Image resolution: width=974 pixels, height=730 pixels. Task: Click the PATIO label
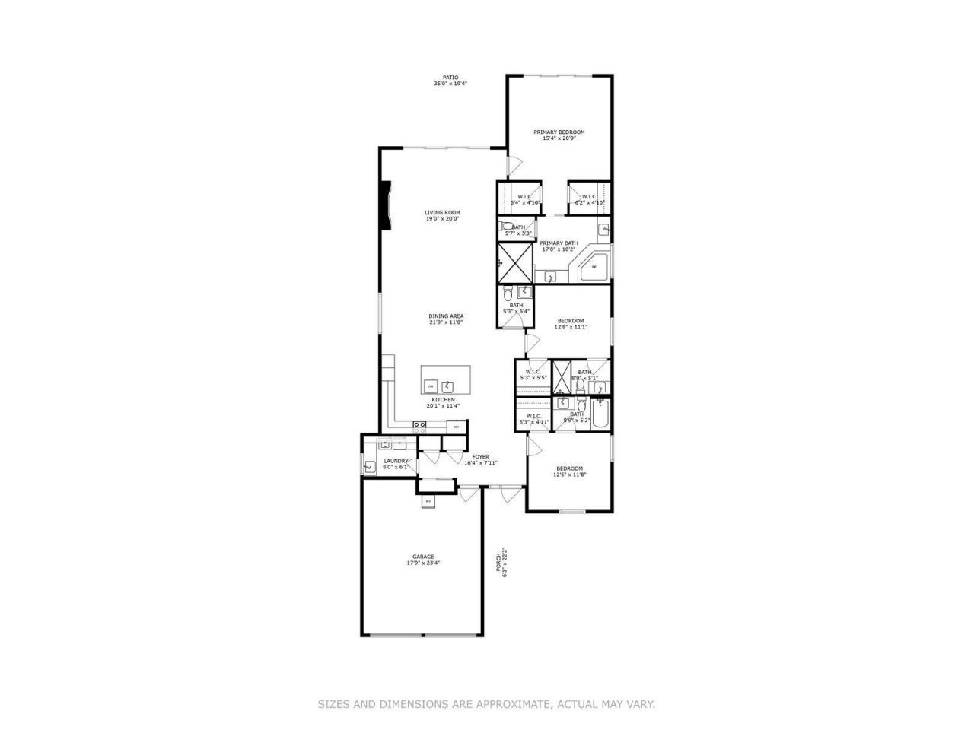click(450, 78)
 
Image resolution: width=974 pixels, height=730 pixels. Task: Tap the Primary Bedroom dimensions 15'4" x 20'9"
click(559, 138)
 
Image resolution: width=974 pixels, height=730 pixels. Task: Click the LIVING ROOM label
click(442, 213)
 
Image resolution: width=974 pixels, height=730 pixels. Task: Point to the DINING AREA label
click(446, 316)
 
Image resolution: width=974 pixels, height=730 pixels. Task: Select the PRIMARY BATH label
click(559, 243)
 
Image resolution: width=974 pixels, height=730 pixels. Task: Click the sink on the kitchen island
click(449, 386)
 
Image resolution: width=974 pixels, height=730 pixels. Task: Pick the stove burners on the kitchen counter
click(419, 427)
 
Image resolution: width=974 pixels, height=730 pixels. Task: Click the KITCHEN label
click(443, 400)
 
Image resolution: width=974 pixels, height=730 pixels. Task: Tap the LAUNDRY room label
click(396, 461)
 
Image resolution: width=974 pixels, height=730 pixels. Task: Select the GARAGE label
click(423, 557)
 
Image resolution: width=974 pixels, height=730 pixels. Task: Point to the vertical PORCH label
click(499, 562)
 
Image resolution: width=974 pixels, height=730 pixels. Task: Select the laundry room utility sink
click(370, 468)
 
